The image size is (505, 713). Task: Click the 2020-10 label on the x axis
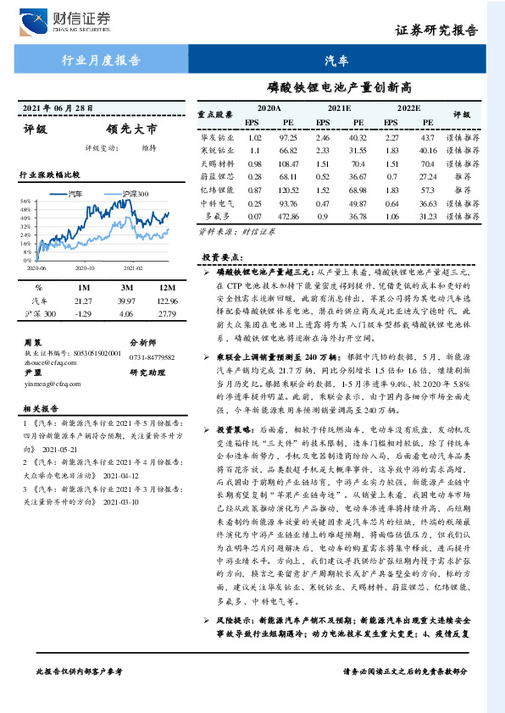point(85,265)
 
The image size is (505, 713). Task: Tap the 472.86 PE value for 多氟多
point(289,218)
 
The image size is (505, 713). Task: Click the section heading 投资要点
point(221,256)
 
